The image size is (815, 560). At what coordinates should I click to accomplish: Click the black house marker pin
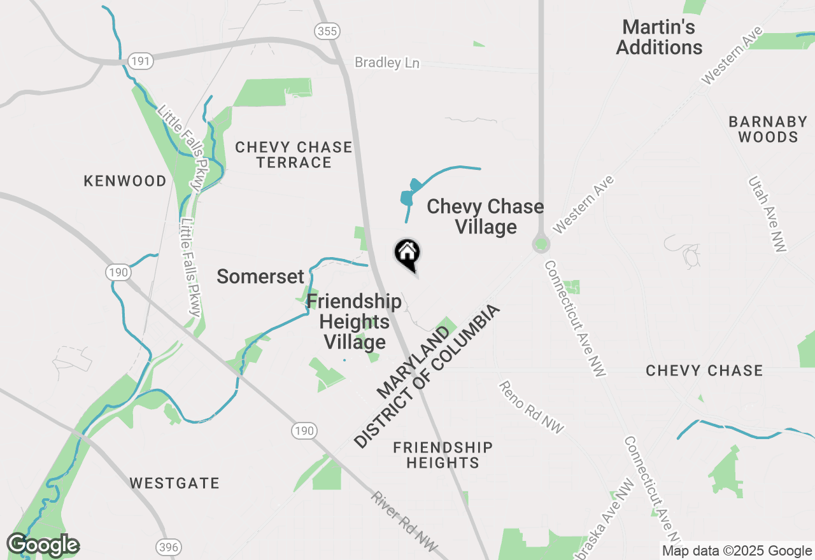(x=408, y=255)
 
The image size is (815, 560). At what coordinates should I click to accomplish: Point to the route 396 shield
(x=169, y=547)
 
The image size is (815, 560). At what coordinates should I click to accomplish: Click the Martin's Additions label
(x=659, y=38)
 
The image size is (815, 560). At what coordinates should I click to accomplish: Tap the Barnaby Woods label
(x=768, y=129)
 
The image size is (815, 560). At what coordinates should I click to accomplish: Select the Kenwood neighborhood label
(x=125, y=181)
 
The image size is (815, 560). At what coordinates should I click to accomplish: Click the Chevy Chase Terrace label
(x=294, y=155)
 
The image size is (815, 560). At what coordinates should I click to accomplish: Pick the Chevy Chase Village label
(x=485, y=216)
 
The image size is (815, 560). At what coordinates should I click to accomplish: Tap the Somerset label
(x=260, y=277)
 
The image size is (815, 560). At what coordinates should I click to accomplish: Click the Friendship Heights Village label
(x=354, y=321)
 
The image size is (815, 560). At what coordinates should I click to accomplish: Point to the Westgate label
(x=174, y=484)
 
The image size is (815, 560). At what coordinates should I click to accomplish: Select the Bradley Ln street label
(x=387, y=62)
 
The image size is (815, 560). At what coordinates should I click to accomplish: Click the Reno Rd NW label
(x=531, y=407)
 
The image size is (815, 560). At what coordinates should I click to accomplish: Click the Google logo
(x=43, y=545)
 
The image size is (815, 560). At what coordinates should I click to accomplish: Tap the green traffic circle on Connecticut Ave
(x=541, y=244)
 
